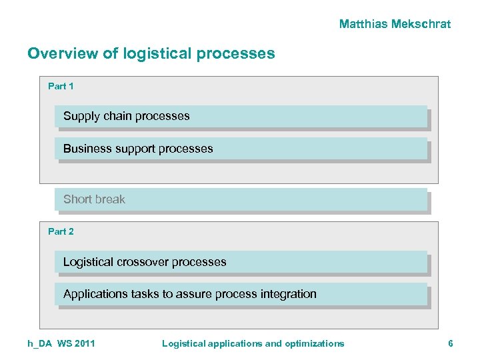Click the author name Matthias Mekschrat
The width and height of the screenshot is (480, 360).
tap(395, 24)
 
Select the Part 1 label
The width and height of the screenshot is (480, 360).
tap(61, 86)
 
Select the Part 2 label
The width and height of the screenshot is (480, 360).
tap(61, 231)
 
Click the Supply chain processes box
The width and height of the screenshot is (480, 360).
tap(241, 116)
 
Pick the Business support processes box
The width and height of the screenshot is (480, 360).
tap(241, 149)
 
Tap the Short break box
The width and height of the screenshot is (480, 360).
tap(241, 199)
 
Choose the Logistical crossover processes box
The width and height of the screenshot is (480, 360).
tap(241, 262)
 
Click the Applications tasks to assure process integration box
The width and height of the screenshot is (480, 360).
tap(241, 294)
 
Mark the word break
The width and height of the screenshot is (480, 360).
tap(110, 199)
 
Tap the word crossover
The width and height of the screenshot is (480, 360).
tap(142, 262)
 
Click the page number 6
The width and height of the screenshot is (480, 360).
tap(451, 343)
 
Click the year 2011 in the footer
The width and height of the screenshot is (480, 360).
tap(85, 343)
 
